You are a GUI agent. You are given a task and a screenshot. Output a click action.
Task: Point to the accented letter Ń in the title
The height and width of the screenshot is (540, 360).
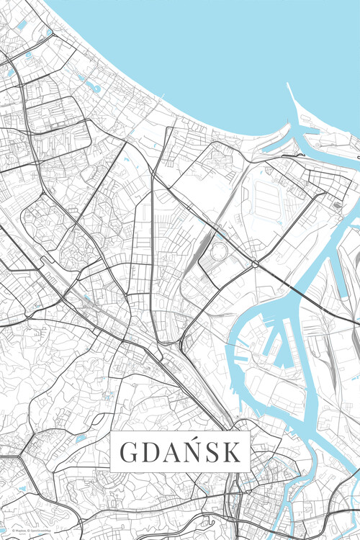pyautogui.click(x=194, y=452)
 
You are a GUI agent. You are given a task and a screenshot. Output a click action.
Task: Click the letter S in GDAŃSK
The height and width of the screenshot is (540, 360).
pyautogui.click(x=215, y=452)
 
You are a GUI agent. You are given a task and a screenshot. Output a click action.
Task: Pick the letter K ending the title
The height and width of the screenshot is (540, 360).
pyautogui.click(x=233, y=452)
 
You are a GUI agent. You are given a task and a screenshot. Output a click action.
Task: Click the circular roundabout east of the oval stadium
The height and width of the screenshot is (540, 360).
pyautogui.click(x=255, y=264)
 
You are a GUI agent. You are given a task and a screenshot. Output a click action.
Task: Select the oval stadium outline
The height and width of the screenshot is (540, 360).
pyautogui.click(x=217, y=252)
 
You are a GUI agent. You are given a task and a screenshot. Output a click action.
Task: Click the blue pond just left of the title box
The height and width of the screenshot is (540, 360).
pyautogui.click(x=81, y=437)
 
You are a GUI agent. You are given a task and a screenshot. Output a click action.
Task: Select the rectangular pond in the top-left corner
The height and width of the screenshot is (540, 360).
pyautogui.click(x=22, y=25)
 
